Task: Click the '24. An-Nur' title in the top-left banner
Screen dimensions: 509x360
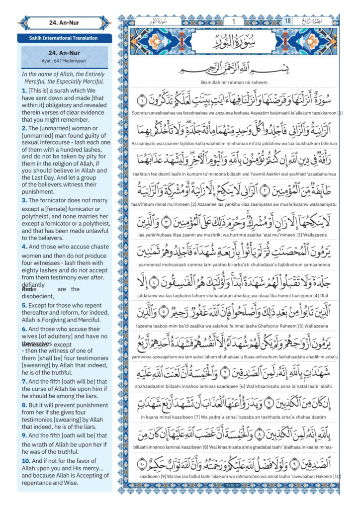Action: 65,22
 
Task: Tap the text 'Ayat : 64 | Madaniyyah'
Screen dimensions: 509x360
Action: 65,62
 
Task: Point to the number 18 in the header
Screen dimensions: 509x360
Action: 287,21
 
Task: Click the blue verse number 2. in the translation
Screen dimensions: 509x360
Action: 24,128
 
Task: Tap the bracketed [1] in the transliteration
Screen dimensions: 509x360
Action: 340,113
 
